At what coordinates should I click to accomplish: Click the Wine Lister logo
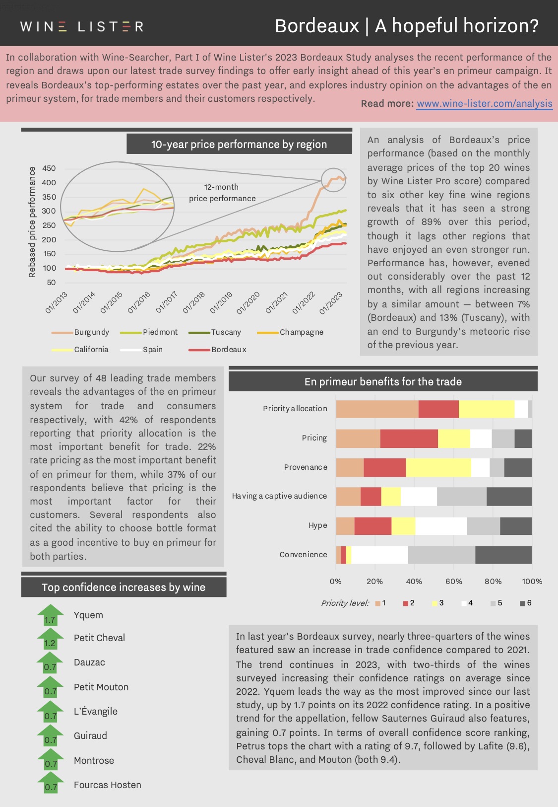pyautogui.click(x=82, y=26)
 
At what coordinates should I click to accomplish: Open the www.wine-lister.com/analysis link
pyautogui.click(x=484, y=103)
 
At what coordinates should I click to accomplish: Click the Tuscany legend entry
pyautogui.click(x=215, y=332)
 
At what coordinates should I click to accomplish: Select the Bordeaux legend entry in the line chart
pyautogui.click(x=217, y=350)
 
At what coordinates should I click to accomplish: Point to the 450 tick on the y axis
pyautogui.click(x=49, y=168)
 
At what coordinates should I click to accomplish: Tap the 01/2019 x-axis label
pyautogui.click(x=221, y=302)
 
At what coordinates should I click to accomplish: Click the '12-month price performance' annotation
pyautogui.click(x=222, y=193)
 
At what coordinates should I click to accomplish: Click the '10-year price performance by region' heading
pyautogui.click(x=239, y=144)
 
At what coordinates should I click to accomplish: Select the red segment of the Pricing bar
pyautogui.click(x=409, y=439)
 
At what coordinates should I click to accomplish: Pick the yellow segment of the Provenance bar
pyautogui.click(x=438, y=468)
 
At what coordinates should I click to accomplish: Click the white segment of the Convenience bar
pyautogui.click(x=379, y=555)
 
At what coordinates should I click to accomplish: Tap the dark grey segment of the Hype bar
pyautogui.click(x=516, y=526)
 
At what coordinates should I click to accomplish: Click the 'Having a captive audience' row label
pyautogui.click(x=280, y=496)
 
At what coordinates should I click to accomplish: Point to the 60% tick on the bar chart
pyautogui.click(x=454, y=581)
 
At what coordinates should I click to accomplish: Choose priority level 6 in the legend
pyautogui.click(x=526, y=603)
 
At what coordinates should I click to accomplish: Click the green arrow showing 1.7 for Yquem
pyautogui.click(x=51, y=615)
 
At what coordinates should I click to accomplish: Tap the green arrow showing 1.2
pyautogui.click(x=51, y=638)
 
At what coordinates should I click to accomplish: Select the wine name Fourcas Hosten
pyautogui.click(x=108, y=785)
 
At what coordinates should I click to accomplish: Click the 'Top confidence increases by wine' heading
pyautogui.click(x=124, y=587)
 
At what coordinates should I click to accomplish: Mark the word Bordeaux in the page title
pyautogui.click(x=317, y=26)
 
